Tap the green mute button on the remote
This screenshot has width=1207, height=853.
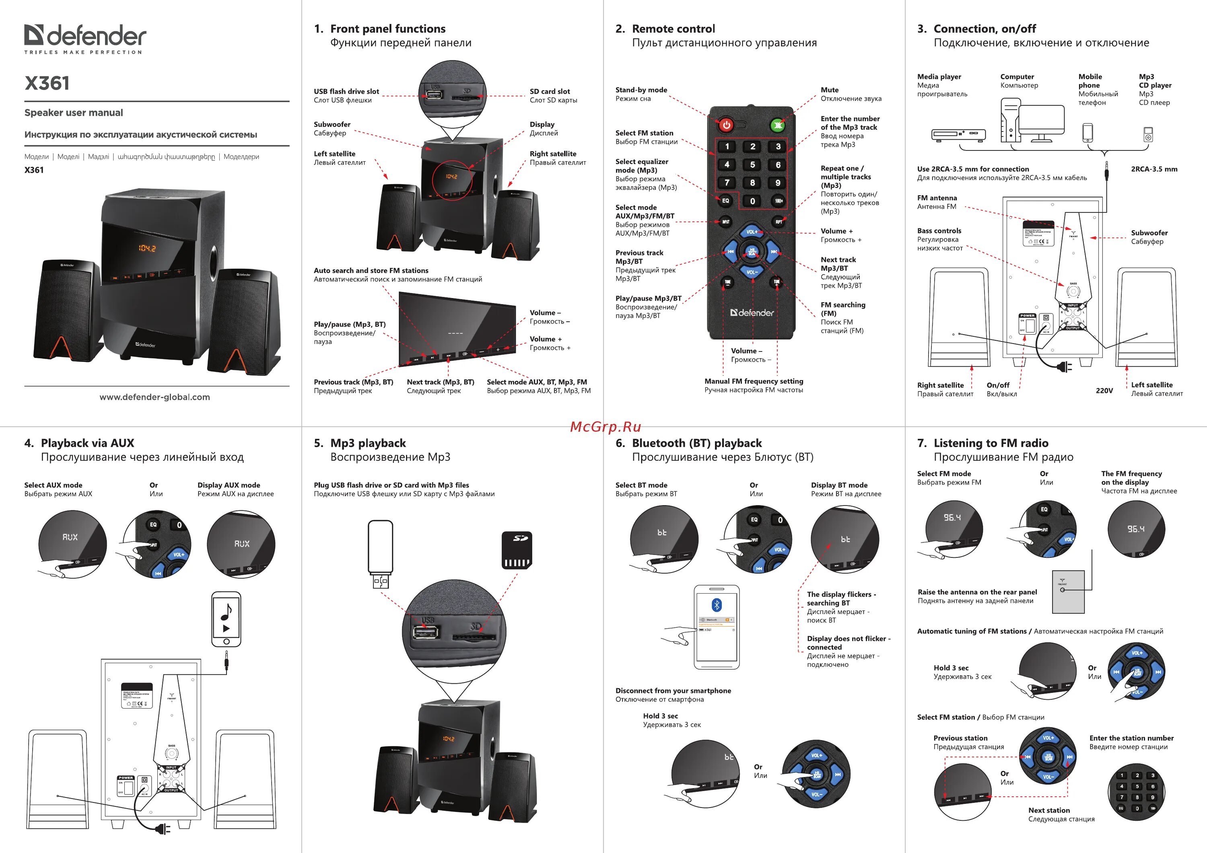coord(778,125)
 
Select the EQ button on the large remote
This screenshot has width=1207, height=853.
coord(725,201)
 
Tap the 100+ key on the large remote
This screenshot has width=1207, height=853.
coord(779,201)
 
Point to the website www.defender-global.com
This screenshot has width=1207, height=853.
coord(154,397)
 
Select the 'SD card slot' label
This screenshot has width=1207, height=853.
coord(549,91)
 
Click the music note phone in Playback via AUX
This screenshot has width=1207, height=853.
coord(226,619)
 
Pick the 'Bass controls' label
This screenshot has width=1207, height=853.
coord(939,231)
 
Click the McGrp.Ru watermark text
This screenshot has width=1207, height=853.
coord(605,426)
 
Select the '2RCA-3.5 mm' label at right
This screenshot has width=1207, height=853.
coord(1154,169)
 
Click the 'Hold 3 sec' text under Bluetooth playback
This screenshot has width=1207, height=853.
coord(660,716)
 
